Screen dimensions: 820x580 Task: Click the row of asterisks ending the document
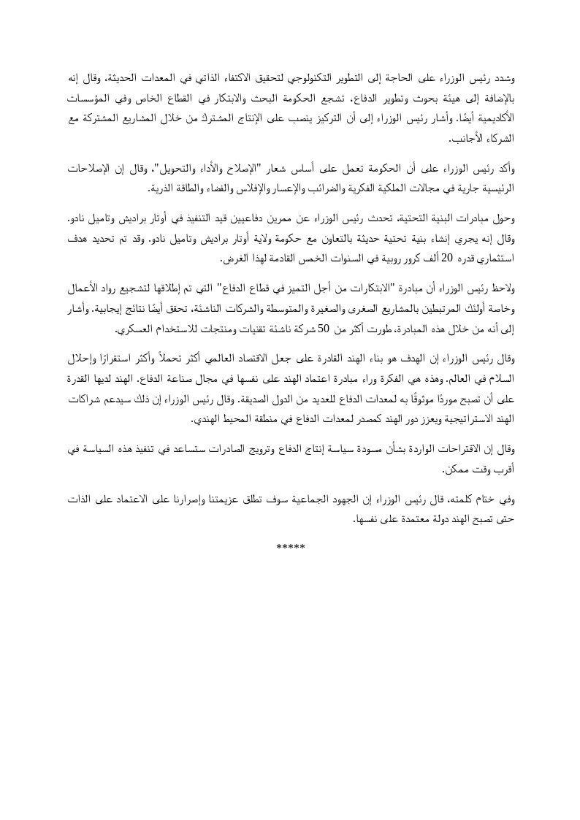point(290,547)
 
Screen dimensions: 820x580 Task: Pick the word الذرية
point(161,188)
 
